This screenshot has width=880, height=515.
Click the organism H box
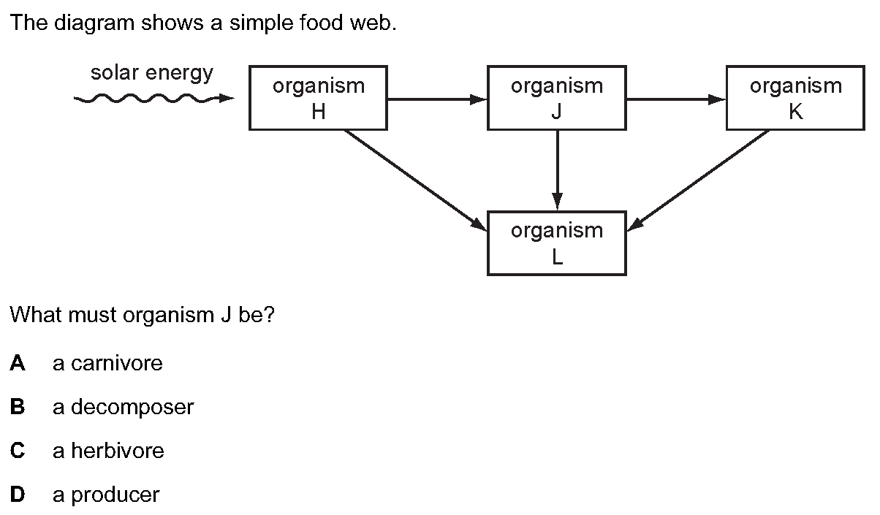[318, 98]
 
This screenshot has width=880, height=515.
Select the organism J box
[557, 98]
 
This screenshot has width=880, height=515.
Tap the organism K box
[795, 98]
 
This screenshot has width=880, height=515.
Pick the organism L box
[557, 243]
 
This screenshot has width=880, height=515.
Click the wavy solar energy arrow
[154, 98]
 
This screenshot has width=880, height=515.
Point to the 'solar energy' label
[152, 73]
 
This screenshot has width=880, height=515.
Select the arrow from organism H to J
[437, 99]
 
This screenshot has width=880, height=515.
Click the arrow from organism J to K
[676, 99]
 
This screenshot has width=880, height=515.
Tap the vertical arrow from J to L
[557, 171]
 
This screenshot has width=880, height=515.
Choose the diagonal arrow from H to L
[416, 180]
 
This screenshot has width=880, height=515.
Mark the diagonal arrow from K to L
[698, 180]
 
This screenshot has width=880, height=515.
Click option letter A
[18, 363]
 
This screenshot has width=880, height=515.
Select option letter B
[18, 407]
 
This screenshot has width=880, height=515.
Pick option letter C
[18, 451]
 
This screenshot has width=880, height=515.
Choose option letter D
[18, 495]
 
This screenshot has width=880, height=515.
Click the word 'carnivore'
[117, 364]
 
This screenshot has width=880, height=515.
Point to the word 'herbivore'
[118, 451]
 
